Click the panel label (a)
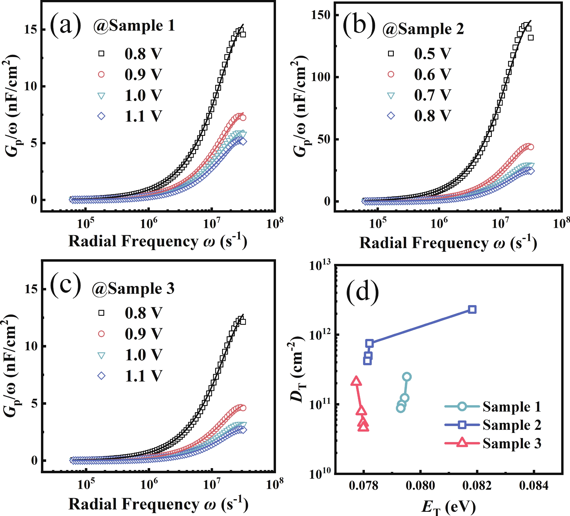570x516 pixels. pyautogui.click(x=65, y=25)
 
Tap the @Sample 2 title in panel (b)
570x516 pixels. pyautogui.click(x=423, y=29)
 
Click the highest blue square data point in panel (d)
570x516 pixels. pyautogui.click(x=472, y=309)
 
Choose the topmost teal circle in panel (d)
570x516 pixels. pyautogui.click(x=407, y=377)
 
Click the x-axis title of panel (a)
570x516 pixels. pyautogui.click(x=158, y=241)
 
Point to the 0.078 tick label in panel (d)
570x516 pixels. pyautogui.click(x=363, y=485)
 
